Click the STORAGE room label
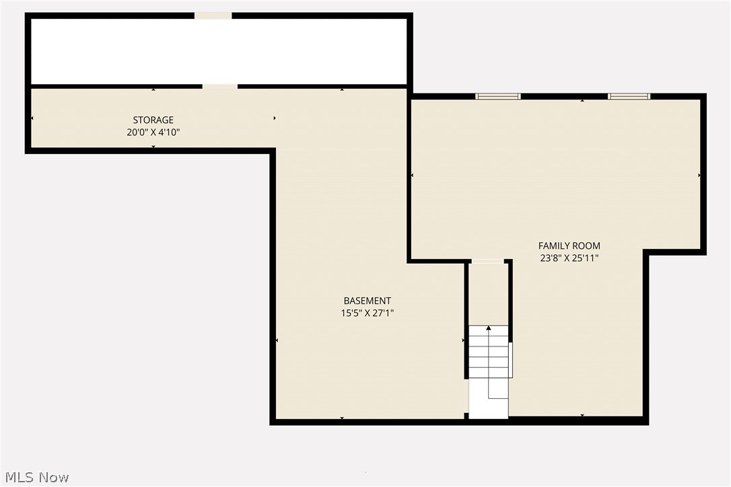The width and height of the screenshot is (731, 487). pos(153,120)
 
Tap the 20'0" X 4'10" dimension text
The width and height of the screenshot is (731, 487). pos(153,133)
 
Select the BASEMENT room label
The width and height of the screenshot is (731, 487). pos(367,301)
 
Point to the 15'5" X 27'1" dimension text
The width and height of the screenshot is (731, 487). pos(367,313)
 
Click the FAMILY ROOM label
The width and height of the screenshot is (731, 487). pos(569,246)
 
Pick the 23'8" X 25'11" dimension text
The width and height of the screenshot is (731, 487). pos(569,258)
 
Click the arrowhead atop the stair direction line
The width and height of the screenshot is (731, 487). pos(489,328)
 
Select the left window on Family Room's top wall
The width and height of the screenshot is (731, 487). pos(498,96)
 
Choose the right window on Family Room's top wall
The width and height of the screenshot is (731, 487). pos(629,96)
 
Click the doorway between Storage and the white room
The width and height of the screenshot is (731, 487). pos(219,86)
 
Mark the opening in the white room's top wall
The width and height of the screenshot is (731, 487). pos(213,15)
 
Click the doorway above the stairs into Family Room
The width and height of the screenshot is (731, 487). pos(487,261)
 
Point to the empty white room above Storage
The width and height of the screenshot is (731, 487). pos(219,51)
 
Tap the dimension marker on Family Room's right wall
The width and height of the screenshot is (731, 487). pos(699,175)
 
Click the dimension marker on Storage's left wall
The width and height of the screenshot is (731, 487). pos(32,118)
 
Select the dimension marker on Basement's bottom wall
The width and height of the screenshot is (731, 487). pos(342,418)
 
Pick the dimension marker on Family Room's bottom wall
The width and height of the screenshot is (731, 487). pos(582,416)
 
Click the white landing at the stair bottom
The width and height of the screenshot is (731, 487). pos(487,407)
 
